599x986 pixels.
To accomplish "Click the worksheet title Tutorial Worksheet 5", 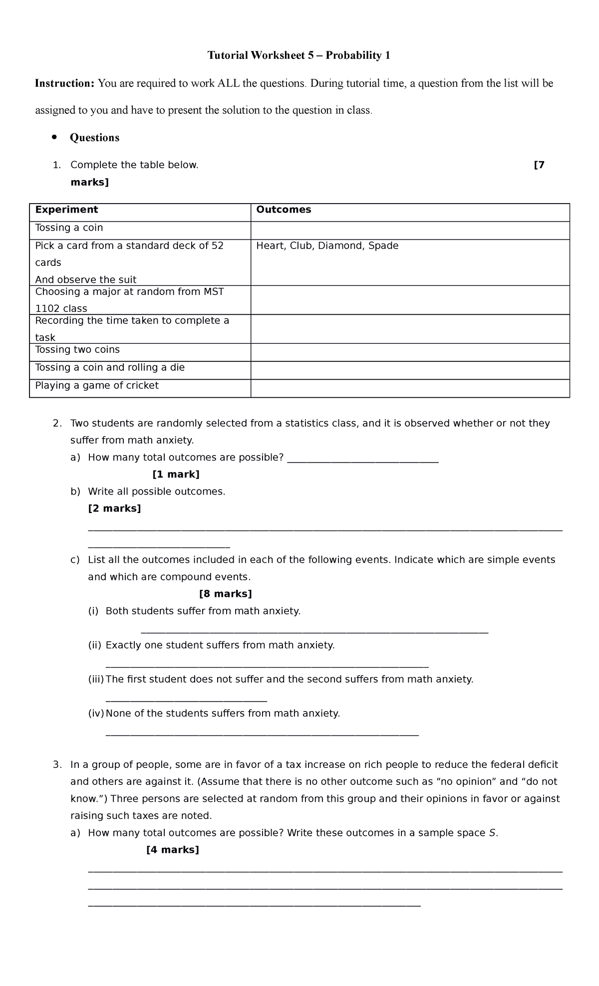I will [x=299, y=55].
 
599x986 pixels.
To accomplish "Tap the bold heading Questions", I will [x=94, y=138].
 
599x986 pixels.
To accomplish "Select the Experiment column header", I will [x=66, y=210].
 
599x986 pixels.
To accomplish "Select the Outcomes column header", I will [x=284, y=210].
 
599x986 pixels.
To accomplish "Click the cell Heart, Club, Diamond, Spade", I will [x=327, y=246].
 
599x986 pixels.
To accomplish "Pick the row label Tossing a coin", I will [x=69, y=228].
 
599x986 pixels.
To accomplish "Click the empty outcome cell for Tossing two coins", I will [x=409, y=352].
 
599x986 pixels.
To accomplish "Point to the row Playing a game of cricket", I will [x=97, y=385].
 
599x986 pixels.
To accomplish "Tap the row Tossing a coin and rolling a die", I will [x=110, y=367].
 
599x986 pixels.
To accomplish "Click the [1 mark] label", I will [x=176, y=474].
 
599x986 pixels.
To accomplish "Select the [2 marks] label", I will [x=114, y=508].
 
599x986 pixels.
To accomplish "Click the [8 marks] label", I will [x=225, y=594].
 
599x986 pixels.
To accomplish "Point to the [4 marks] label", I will [x=172, y=850].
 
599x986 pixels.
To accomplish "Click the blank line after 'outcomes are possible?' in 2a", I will [x=363, y=461].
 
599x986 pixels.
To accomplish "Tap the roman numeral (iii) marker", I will [x=96, y=679].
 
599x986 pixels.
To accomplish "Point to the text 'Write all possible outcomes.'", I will [x=156, y=492].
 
